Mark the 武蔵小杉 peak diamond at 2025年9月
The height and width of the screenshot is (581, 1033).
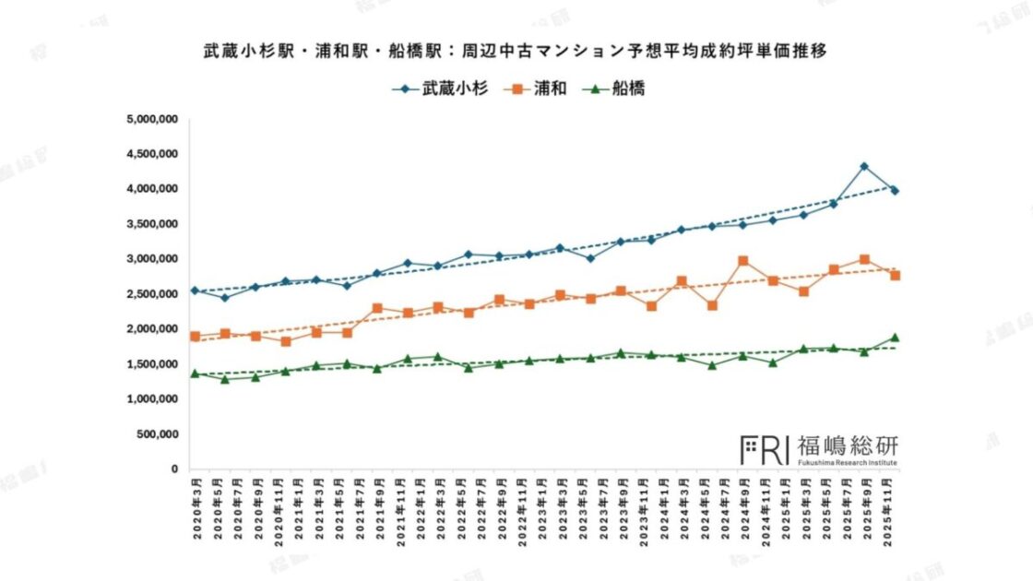[864, 167]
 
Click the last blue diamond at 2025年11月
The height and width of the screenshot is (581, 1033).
[895, 191]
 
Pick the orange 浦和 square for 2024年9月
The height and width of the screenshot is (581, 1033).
[742, 261]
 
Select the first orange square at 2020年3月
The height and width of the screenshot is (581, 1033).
[195, 337]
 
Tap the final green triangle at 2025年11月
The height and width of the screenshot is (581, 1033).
[895, 338]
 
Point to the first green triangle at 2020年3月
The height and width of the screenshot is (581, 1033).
[195, 373]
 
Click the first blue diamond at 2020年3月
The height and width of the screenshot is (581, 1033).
[195, 290]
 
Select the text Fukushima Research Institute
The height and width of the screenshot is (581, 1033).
[846, 463]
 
